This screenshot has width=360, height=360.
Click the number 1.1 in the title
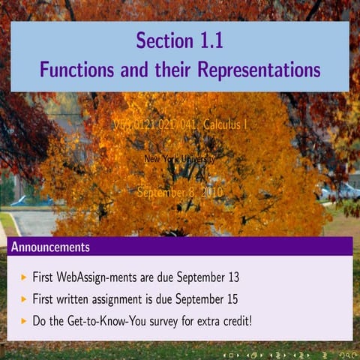(207, 41)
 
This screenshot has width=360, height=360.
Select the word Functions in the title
(77, 70)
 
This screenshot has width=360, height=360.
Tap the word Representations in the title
(258, 70)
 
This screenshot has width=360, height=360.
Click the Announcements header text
(51, 247)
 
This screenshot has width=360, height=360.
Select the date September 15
(204, 299)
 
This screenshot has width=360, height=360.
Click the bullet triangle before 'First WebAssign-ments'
(24, 277)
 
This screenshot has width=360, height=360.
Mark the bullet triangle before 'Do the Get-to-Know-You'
(24, 320)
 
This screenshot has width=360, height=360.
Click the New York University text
(179, 159)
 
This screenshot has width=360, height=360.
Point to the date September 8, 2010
(180, 192)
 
